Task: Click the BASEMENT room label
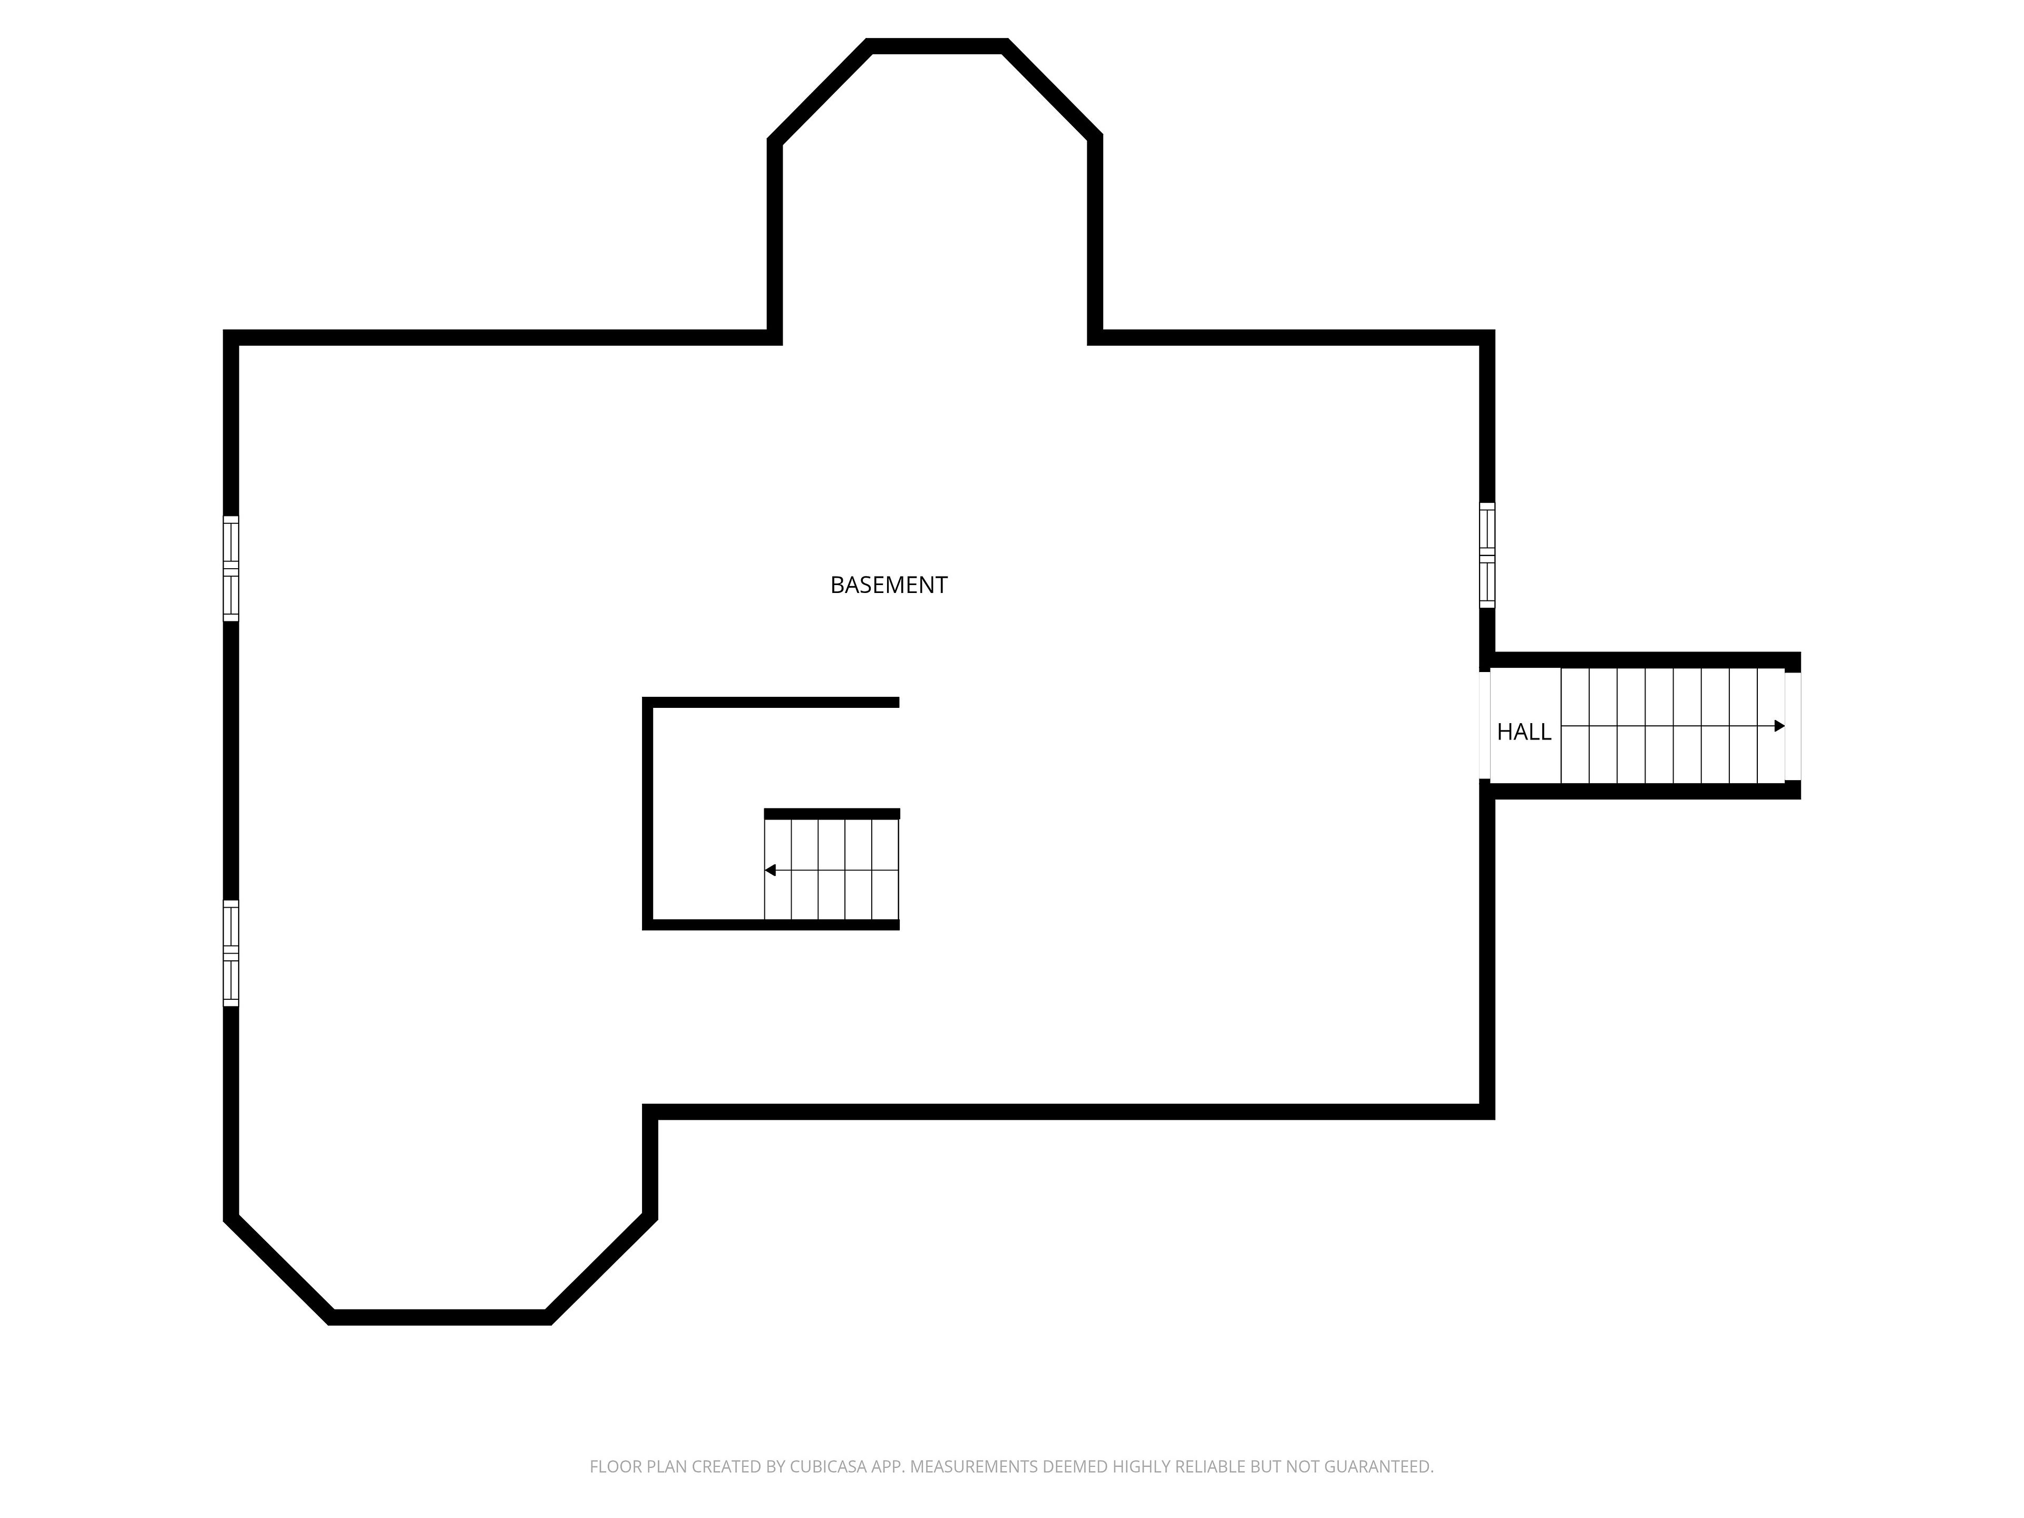[889, 585]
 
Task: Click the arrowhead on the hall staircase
[1779, 726]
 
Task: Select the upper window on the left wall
[230, 568]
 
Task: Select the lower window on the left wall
[230, 953]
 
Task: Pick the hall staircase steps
[1672, 726]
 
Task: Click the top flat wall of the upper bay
[937, 46]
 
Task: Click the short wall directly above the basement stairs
[832, 813]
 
